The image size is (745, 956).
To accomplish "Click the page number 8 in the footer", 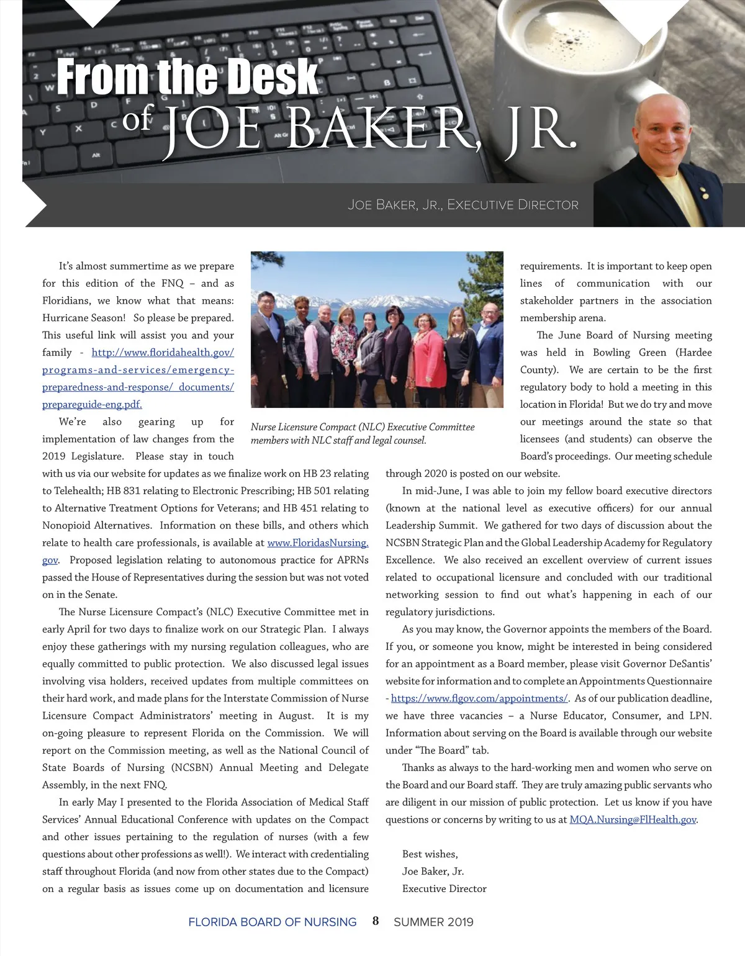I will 376,921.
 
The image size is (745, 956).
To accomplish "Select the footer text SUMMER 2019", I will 433,922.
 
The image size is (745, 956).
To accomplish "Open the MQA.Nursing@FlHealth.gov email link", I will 633,819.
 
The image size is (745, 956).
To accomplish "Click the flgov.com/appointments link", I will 479,698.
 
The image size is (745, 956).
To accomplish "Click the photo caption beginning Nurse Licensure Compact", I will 363,433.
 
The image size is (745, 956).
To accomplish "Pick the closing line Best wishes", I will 430,854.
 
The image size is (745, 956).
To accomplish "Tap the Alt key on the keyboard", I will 96,155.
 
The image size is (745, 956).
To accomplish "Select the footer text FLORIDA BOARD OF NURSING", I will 272,922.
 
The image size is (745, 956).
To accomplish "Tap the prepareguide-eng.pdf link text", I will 92,404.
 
